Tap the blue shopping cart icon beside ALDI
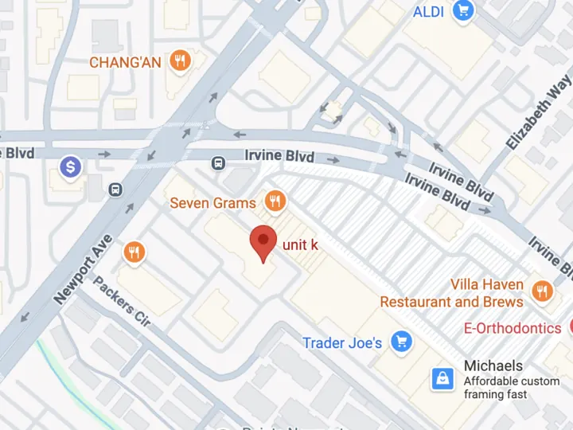pos(463,11)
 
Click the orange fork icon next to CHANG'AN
pos(181,61)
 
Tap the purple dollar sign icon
pos(72,167)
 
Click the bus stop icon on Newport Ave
pos(116,190)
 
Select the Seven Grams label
pos(213,203)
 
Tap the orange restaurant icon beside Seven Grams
pos(275,201)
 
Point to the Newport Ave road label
pos(84,268)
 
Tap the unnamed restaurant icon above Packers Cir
pos(134,253)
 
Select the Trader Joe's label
pos(342,343)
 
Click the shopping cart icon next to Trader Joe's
pos(402,342)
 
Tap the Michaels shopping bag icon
pos(442,379)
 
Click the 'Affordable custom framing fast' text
pos(511,388)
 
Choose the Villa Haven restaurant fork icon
pos(543,292)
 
